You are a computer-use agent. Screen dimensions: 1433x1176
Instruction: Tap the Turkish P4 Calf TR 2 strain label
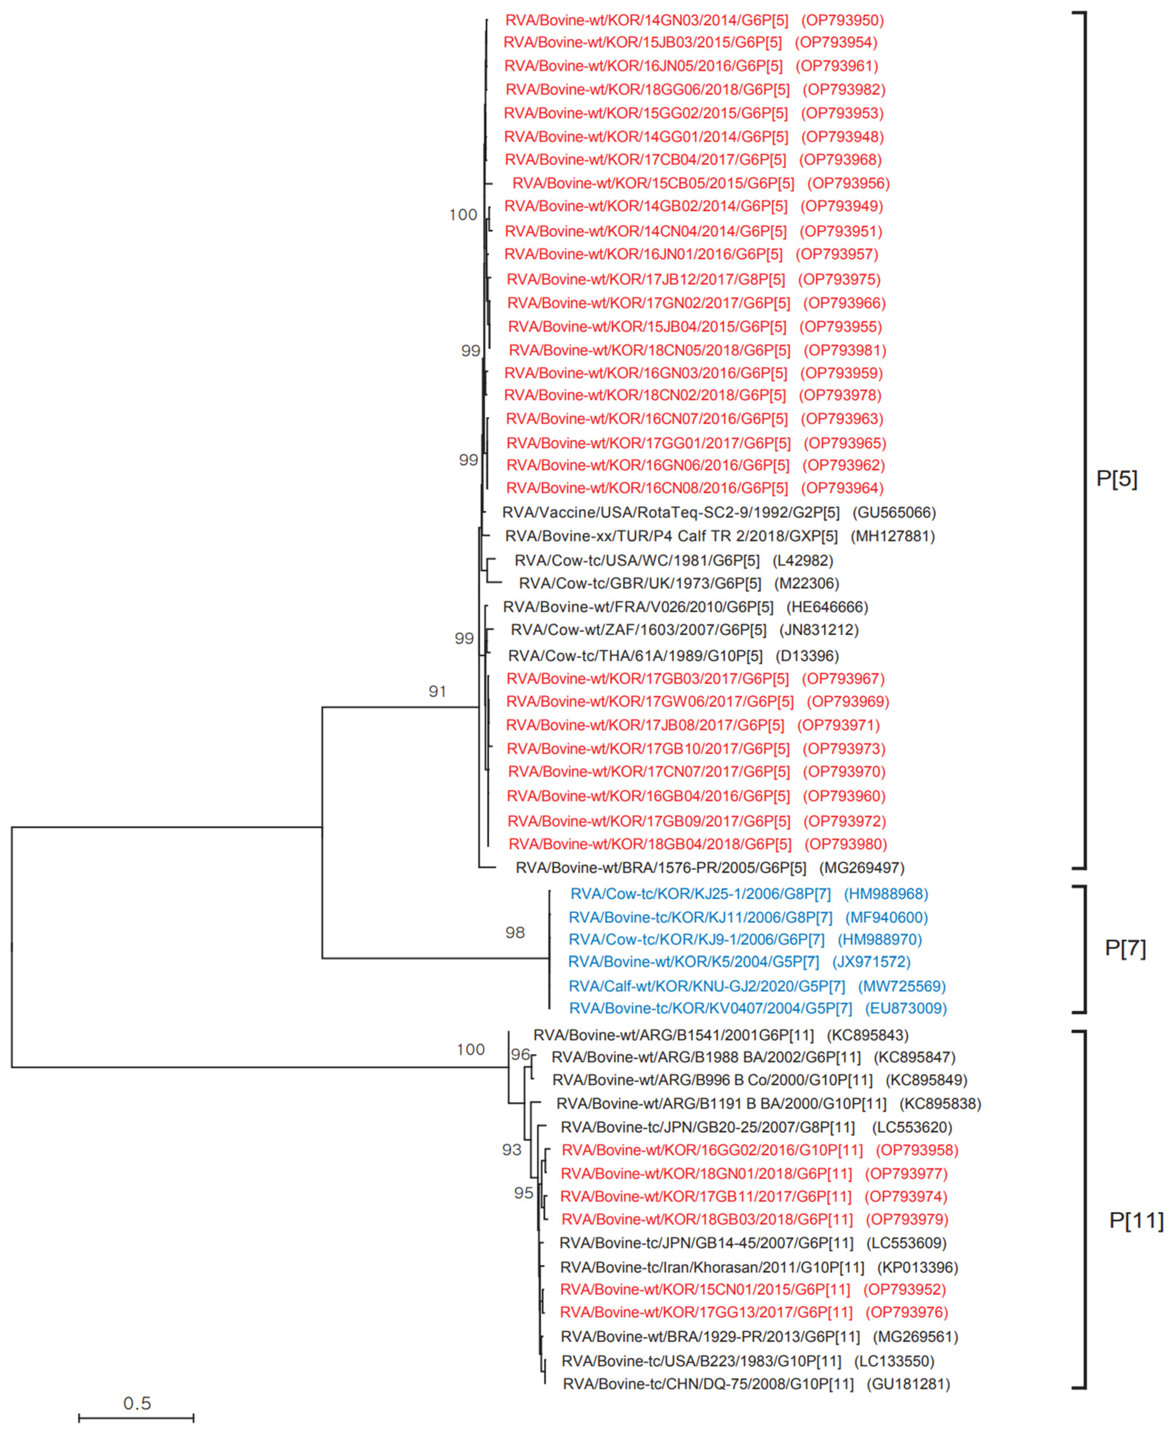coord(671,536)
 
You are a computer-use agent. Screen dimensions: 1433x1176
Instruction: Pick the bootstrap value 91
coord(437,691)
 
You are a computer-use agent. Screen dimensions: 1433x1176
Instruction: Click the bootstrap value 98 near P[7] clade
coord(515,932)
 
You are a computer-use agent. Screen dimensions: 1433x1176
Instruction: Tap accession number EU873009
coord(906,1008)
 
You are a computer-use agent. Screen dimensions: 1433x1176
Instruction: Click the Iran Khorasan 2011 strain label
coord(712,1267)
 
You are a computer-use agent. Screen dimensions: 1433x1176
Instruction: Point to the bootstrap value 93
coord(511,1150)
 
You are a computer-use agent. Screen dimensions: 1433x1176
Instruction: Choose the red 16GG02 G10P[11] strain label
coord(712,1150)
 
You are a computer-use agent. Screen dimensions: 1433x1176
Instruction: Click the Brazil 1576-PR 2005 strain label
coord(660,867)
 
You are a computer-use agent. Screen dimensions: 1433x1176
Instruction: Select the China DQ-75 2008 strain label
coord(708,1384)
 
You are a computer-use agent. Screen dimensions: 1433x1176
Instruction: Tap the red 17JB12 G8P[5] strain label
coord(645,279)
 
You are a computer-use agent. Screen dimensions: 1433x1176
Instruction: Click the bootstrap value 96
coord(520,1054)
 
